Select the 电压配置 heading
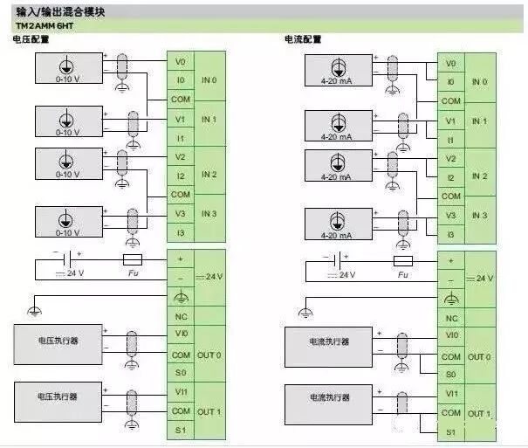tap(31, 40)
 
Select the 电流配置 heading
tap(303, 40)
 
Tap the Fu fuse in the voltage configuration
tap(131, 260)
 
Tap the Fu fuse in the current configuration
tap(403, 261)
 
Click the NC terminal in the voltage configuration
tap(181, 317)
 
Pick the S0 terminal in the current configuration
tap(450, 375)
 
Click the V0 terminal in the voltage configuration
tap(181, 62)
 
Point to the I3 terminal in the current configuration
tap(450, 235)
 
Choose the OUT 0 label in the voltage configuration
tap(209, 355)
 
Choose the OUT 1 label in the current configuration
tap(480, 413)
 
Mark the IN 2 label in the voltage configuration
tap(209, 175)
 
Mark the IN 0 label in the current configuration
tap(479, 82)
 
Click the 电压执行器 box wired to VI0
tap(58, 341)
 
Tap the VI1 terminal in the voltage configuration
tap(181, 392)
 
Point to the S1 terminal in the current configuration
tap(450, 431)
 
